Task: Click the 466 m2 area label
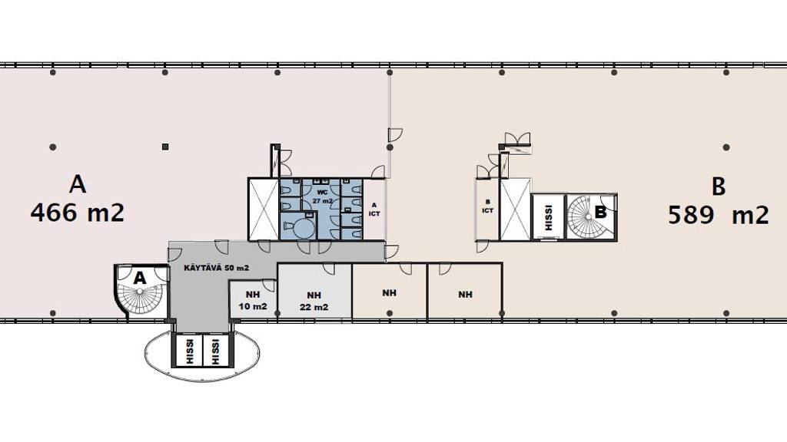(x=78, y=213)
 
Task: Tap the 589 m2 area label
(x=719, y=215)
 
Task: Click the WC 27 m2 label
(x=322, y=196)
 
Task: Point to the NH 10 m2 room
(x=253, y=299)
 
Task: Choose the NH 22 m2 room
(x=314, y=291)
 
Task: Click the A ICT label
(x=374, y=209)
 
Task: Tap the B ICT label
(x=487, y=206)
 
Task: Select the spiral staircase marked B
(x=591, y=216)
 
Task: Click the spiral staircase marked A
(x=140, y=289)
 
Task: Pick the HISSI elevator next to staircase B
(x=548, y=217)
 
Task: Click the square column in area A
(x=165, y=147)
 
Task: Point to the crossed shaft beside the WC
(x=264, y=209)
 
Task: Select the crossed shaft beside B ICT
(x=515, y=209)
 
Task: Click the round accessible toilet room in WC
(x=297, y=226)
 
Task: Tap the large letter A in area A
(x=78, y=184)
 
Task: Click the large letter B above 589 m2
(x=719, y=186)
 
